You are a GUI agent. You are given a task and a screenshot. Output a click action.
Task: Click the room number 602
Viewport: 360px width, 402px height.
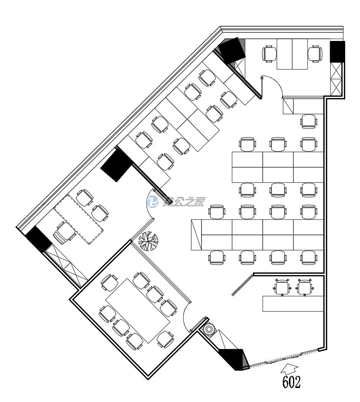point(291,382)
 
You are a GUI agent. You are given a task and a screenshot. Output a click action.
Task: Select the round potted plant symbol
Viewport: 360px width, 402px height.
point(148,241)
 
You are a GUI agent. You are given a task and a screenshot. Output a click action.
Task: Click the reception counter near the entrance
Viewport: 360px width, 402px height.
point(293,304)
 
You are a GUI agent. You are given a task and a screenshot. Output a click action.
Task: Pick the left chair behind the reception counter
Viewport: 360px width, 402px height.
point(282,287)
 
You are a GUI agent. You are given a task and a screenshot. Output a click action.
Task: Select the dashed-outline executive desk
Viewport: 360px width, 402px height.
point(79,220)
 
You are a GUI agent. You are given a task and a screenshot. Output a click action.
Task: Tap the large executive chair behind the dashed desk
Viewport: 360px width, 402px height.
point(63,232)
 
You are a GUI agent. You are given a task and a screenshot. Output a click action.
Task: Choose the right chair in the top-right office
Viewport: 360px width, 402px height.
point(315,54)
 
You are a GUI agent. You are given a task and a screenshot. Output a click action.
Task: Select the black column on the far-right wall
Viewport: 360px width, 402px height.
point(337,51)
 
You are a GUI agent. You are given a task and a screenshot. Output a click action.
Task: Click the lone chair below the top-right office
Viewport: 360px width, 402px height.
point(308,121)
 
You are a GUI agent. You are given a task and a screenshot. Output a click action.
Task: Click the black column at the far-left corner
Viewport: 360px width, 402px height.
point(38,239)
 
